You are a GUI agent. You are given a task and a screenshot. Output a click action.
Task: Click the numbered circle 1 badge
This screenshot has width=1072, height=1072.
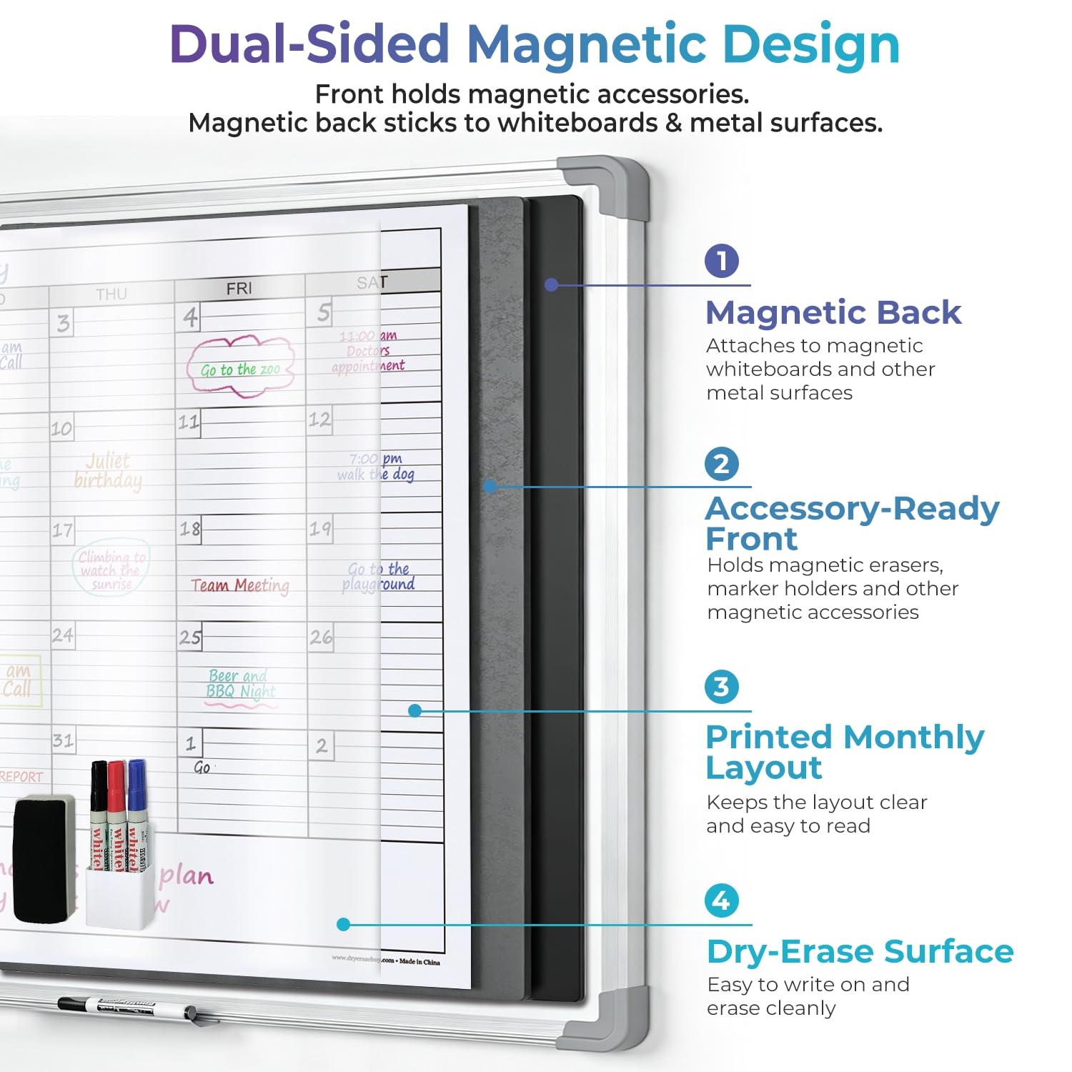(721, 261)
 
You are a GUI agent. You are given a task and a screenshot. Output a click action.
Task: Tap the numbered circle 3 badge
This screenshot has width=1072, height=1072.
(721, 687)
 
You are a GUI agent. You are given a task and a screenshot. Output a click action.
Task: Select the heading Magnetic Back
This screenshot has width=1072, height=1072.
(833, 312)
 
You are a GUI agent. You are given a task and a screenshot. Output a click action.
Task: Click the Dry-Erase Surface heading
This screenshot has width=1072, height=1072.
(860, 951)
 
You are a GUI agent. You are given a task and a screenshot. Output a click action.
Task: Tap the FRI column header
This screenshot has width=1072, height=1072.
(239, 288)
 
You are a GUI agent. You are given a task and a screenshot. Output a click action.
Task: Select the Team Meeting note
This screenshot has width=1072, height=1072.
(240, 586)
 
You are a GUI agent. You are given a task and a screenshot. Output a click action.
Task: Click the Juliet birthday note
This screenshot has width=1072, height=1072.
(109, 470)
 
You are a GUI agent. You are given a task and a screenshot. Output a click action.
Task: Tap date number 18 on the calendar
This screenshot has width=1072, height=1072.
(190, 529)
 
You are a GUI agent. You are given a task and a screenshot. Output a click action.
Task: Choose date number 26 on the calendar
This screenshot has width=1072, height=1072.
(321, 637)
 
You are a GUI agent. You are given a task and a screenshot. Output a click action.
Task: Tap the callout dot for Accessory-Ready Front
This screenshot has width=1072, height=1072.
(490, 486)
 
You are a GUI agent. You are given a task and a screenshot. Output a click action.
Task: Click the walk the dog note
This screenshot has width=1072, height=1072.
(377, 467)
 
